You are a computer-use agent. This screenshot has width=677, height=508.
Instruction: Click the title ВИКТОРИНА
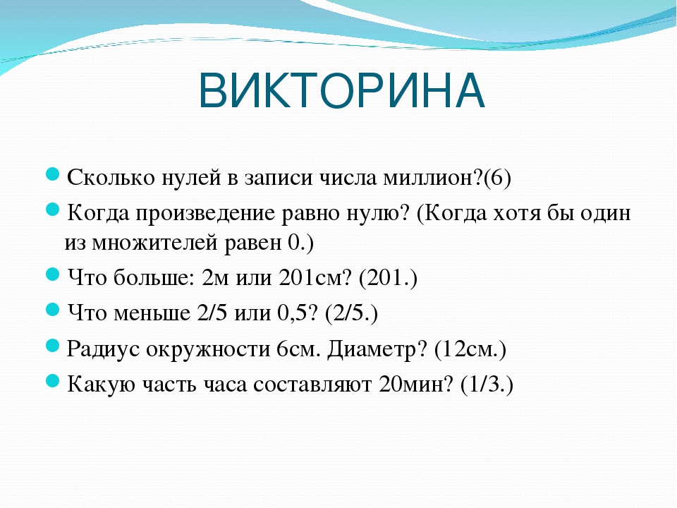(341, 91)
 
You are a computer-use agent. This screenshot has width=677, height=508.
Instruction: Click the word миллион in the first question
(432, 177)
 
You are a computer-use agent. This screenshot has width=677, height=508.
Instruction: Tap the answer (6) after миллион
(497, 178)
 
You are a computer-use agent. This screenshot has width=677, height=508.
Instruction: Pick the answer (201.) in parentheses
(388, 278)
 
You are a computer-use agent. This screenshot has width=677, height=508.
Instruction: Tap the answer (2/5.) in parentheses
(351, 313)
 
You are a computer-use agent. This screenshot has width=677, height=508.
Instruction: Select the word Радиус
(103, 349)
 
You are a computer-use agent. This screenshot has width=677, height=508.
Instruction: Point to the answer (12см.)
(470, 349)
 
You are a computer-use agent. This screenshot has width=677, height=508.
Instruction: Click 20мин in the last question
(411, 385)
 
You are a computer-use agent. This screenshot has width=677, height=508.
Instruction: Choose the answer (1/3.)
(487, 385)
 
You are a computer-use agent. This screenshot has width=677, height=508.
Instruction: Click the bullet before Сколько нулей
(51, 175)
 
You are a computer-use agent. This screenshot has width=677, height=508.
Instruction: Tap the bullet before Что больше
(51, 274)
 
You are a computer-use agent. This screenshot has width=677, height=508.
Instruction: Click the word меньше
(152, 313)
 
